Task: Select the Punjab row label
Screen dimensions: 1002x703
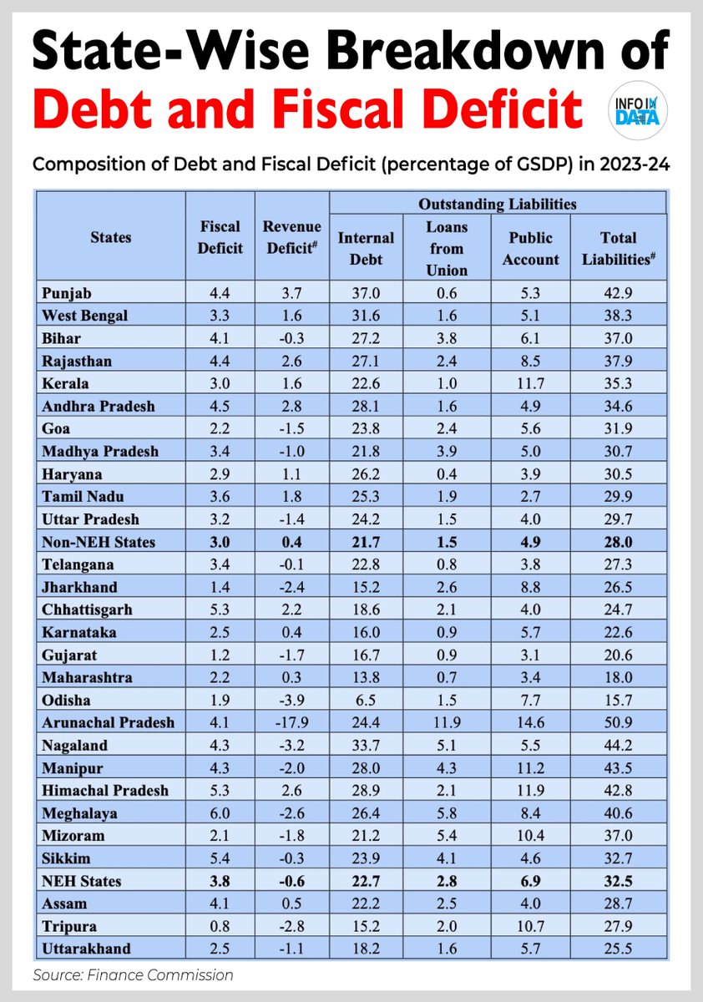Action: coord(68,292)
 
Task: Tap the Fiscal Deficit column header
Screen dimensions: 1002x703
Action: coord(221,237)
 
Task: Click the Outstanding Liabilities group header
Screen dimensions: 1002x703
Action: coord(498,203)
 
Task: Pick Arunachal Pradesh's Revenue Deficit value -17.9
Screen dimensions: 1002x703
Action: coord(286,722)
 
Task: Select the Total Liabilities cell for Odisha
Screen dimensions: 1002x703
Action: coord(618,700)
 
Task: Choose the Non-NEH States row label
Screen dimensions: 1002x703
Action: coord(97,542)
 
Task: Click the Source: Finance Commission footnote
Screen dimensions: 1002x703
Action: coord(134,974)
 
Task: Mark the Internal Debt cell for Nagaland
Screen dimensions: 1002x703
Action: coord(366,745)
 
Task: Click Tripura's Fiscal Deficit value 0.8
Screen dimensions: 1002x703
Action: coord(221,926)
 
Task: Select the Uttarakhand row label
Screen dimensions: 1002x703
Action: coord(85,949)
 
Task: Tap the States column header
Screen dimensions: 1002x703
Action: coord(110,237)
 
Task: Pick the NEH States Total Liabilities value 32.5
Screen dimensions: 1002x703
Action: coord(618,880)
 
